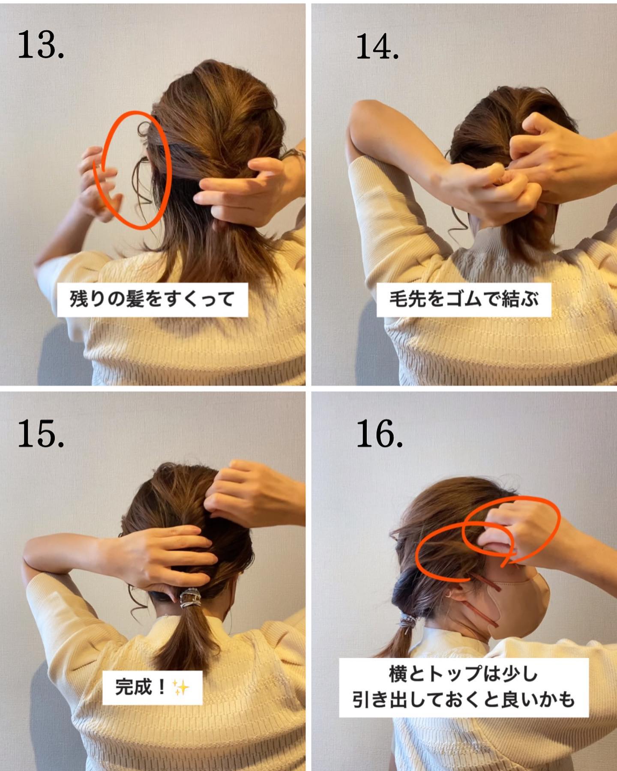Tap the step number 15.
point(41,433)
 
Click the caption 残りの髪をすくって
point(152,299)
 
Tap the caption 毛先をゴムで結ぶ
point(464,299)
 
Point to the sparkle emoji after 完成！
point(180,688)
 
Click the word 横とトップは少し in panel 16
point(463,674)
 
